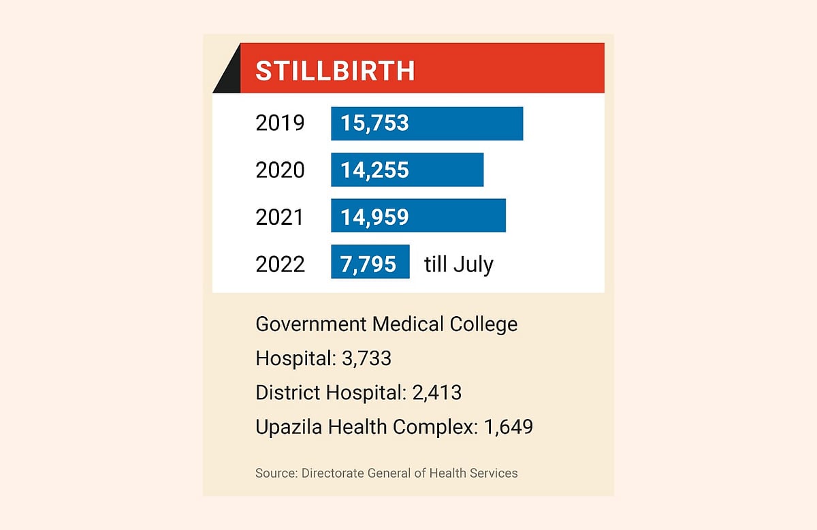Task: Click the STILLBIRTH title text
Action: coord(335,71)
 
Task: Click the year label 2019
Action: coord(280,124)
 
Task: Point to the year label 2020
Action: coord(280,170)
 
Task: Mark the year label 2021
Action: coord(280,217)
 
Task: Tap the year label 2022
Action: coord(280,264)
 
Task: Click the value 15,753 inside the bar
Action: coord(374,123)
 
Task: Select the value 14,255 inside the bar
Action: coord(374,170)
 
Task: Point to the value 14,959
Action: coord(374,216)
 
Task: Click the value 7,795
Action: coord(368,263)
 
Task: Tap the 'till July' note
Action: coord(458,264)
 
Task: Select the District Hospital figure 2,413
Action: coord(436,392)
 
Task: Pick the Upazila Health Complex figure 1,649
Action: coord(508,427)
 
